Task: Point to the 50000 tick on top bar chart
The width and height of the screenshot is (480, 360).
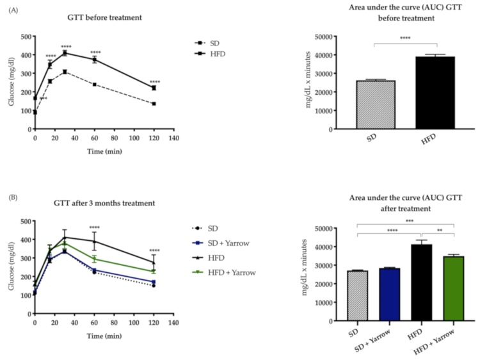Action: pos(342,37)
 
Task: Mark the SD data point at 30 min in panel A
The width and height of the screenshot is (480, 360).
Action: pos(65,72)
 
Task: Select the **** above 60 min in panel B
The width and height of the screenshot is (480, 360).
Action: pos(95,227)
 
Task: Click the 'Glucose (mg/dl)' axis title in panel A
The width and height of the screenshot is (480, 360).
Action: pos(9,82)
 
